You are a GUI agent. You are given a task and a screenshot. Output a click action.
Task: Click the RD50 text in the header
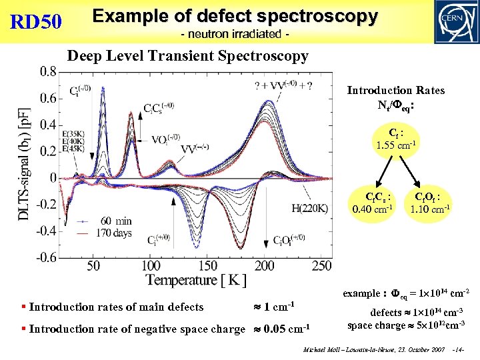(x=37, y=23)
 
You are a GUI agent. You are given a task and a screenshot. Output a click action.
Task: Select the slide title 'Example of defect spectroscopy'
(x=235, y=16)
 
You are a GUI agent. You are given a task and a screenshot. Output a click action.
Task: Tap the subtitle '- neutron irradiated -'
(x=234, y=33)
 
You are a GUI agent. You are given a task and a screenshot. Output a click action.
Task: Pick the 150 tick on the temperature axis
(x=208, y=265)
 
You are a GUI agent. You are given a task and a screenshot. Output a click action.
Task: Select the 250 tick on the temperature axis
(x=322, y=265)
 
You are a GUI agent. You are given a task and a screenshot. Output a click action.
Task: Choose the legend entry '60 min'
(x=115, y=221)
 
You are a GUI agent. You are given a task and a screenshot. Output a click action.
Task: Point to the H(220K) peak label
(x=309, y=209)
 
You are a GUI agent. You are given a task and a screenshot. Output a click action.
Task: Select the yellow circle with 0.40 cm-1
(x=373, y=203)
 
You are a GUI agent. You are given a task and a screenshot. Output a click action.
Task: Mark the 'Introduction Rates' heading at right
(x=395, y=90)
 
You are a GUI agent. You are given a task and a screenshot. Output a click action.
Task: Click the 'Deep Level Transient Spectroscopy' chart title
(x=187, y=56)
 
